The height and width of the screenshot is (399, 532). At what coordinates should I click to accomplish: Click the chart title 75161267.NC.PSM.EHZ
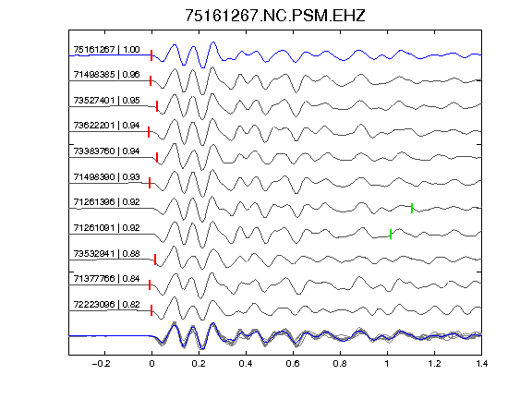point(275,16)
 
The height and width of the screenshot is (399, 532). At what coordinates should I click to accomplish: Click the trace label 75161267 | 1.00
point(106,50)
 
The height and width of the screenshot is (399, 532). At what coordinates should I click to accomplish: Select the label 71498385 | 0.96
point(106,75)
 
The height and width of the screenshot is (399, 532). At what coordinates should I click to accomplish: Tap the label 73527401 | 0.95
point(106,101)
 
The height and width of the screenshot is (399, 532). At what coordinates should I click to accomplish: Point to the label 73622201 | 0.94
point(106,126)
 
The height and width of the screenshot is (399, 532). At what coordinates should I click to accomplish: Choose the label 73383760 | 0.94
point(106,151)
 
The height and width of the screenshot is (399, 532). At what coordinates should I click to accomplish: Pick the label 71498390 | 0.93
point(106,177)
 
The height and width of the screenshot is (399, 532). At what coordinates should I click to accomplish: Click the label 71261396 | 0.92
point(106,202)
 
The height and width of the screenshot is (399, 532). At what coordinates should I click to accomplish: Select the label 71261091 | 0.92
point(106,228)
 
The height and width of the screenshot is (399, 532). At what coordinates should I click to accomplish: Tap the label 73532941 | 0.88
point(106,254)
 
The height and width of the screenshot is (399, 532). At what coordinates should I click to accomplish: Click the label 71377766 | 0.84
point(106,279)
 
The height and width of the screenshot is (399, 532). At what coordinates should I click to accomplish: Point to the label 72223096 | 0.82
point(106,305)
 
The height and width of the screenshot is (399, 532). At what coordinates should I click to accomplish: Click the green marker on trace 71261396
point(412,208)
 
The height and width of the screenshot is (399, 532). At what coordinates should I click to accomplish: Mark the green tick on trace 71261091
point(391,234)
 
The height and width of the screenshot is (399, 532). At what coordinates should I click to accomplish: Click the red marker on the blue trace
point(151,55)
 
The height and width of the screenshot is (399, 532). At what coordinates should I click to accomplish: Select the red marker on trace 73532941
point(155,260)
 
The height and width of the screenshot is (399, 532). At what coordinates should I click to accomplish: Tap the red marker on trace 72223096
point(151,310)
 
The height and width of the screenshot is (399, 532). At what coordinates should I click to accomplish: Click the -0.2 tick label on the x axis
point(102,364)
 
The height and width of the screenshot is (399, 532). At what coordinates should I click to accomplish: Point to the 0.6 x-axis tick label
point(293,364)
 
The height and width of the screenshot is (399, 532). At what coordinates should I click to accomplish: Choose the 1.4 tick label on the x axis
point(481,364)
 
